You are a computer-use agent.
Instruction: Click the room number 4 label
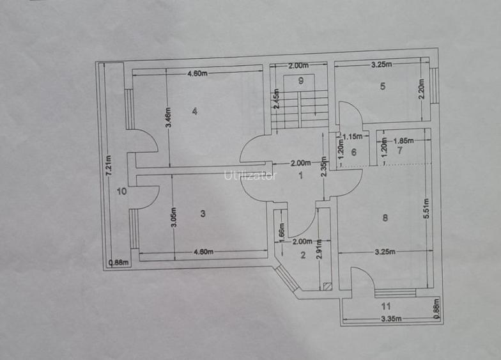pos(194,111)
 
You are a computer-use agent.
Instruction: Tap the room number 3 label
pos(203,214)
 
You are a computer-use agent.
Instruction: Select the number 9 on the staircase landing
pos(300,81)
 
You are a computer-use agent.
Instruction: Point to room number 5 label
pos(383,86)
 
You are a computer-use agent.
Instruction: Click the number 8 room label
pos(385,217)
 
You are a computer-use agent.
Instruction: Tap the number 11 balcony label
pos(386,306)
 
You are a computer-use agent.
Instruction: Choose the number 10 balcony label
pos(121,192)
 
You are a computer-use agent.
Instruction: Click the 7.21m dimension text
pos(109,165)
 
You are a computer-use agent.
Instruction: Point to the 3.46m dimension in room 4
pos(169,118)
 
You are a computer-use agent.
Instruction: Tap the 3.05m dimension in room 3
pos(174,217)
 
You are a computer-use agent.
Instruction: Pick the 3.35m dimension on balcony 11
pos(391,318)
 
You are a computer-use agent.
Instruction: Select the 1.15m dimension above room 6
pos(353,137)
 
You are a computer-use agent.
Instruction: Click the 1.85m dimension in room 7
pos(404,141)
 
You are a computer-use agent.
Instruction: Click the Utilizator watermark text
pos(250,175)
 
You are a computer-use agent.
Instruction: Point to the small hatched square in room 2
pos(327,286)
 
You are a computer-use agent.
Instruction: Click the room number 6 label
pos(354,152)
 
